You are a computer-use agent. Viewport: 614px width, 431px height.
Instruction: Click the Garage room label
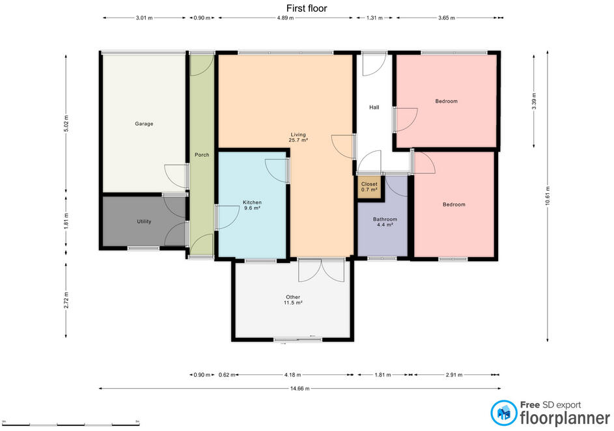click(x=144, y=124)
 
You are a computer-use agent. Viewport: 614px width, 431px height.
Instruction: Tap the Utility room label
click(x=144, y=221)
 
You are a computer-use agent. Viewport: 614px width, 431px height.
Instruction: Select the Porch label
click(x=202, y=155)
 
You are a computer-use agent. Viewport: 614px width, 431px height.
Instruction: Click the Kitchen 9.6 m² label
click(x=252, y=205)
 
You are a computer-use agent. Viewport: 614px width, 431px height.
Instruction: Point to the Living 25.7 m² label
click(x=298, y=137)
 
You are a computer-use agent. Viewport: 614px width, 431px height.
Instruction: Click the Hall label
click(x=374, y=107)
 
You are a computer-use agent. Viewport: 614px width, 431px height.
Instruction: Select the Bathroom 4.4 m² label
click(x=385, y=222)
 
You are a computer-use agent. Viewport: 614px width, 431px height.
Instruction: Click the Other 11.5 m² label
click(x=293, y=300)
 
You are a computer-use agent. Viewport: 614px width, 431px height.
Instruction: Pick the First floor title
click(x=307, y=8)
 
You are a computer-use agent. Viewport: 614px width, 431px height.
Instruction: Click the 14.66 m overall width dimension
click(x=300, y=389)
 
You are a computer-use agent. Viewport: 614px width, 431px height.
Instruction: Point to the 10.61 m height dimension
click(x=548, y=196)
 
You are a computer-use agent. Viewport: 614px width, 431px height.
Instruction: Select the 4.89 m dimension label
click(x=285, y=18)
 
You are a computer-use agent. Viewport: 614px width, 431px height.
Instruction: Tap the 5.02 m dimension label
click(x=66, y=123)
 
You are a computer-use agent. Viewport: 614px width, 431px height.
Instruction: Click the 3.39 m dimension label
click(x=534, y=102)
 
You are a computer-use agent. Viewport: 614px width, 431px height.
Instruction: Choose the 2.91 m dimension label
click(x=454, y=375)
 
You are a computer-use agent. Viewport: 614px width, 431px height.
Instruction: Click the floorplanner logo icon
click(x=504, y=413)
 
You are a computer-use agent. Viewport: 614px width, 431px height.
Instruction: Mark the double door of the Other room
click(x=322, y=270)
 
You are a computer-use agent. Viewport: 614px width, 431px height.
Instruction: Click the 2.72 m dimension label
click(x=66, y=300)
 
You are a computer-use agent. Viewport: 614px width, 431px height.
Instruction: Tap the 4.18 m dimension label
click(x=292, y=375)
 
